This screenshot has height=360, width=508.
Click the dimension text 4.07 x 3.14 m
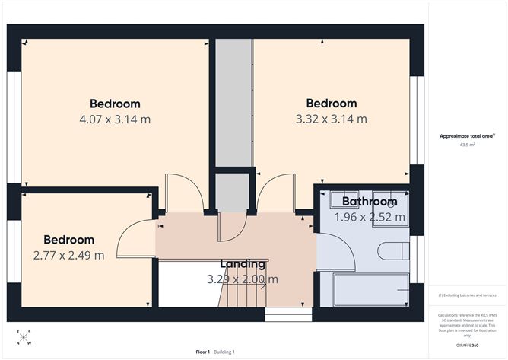(115, 119)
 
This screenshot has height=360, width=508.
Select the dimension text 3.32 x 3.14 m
(331, 119)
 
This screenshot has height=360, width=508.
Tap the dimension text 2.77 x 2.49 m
(68, 255)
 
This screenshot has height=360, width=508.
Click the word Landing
(243, 264)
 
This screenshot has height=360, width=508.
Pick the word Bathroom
(369, 202)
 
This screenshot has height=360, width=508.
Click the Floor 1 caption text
(203, 352)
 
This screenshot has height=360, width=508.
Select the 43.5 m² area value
(467, 143)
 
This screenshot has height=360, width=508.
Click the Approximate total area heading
(466, 135)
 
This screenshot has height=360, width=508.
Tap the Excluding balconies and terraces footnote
(467, 295)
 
